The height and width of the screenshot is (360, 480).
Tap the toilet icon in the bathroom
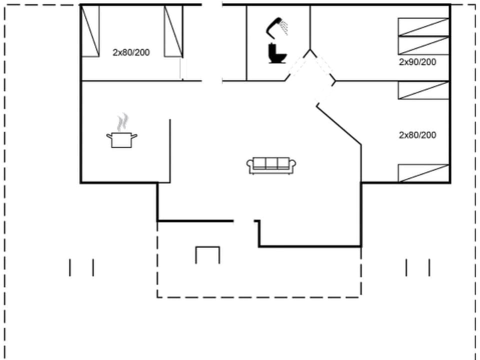(276, 53)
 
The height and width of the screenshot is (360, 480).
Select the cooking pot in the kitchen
(121, 139)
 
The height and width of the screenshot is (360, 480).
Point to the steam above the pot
(122, 121)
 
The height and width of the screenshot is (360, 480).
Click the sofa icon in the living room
(271, 165)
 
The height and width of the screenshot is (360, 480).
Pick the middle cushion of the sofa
(271, 163)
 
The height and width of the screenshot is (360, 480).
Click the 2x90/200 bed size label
(417, 62)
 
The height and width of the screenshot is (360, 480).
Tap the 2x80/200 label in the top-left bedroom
(131, 52)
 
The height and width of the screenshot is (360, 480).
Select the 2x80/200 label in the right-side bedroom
(417, 135)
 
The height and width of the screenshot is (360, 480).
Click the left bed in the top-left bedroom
(90, 31)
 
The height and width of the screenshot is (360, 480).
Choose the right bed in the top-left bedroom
(173, 31)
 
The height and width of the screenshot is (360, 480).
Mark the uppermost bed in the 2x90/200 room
(423, 27)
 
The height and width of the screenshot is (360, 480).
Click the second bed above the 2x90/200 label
(423, 45)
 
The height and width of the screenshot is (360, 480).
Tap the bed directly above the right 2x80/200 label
(423, 90)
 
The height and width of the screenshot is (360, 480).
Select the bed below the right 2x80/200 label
(423, 173)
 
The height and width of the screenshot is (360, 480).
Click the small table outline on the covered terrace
(207, 254)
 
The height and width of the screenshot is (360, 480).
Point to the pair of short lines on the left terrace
(81, 267)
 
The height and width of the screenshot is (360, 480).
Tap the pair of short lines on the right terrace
(417, 267)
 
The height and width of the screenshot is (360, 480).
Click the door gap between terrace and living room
(244, 220)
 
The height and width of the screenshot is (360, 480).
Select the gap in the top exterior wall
(212, 5)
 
